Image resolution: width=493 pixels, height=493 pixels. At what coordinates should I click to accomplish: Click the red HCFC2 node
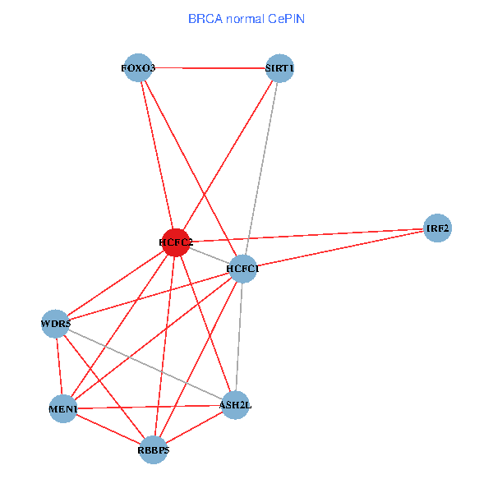(175, 242)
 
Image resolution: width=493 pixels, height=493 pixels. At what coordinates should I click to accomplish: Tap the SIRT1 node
(279, 69)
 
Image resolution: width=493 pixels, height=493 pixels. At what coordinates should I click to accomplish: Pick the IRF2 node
(438, 228)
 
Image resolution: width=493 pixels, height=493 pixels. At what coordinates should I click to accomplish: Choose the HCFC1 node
(243, 269)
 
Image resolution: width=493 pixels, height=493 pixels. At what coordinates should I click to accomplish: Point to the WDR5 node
(55, 324)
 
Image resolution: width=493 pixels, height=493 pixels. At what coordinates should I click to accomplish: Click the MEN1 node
(63, 408)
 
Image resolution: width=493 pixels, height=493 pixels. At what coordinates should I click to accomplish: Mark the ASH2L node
(235, 404)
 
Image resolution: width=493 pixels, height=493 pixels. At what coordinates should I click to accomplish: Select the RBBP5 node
(154, 449)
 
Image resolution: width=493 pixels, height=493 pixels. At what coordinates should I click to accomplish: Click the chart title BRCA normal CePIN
(246, 18)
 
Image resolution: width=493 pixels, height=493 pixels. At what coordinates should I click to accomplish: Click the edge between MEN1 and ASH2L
(148, 407)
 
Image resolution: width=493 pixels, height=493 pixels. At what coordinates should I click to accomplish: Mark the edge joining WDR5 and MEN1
(59, 366)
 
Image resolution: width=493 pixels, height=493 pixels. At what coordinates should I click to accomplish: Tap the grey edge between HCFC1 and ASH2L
(239, 337)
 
